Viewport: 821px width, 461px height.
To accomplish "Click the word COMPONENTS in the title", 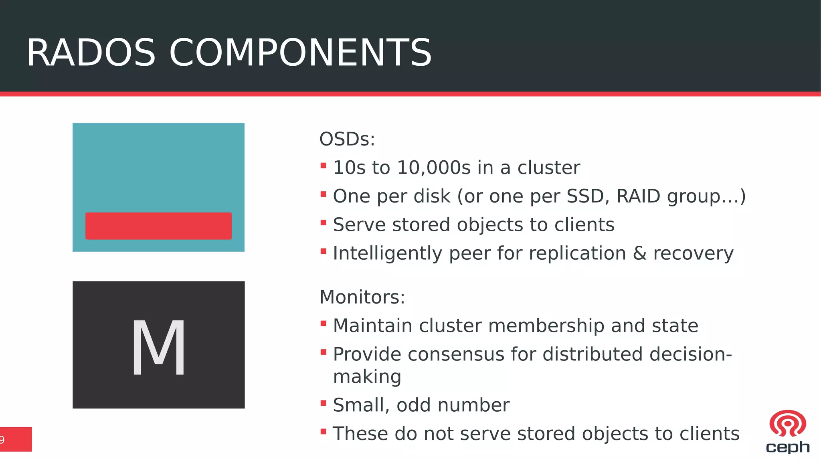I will [x=301, y=53].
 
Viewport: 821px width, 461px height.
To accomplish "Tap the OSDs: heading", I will [x=347, y=140].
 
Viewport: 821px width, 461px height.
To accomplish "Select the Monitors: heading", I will [x=362, y=297].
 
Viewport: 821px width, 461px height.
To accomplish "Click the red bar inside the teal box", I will [x=158, y=226].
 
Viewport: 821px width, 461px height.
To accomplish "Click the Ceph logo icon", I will [x=787, y=423].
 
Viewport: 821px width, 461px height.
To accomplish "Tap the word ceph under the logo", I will [x=787, y=447].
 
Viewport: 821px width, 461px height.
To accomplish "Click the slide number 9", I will [x=2, y=440].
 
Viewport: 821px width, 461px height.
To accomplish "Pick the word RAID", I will [x=638, y=196].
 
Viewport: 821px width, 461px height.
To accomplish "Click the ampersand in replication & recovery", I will [x=639, y=253].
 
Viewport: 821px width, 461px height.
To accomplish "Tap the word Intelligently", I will [x=387, y=253].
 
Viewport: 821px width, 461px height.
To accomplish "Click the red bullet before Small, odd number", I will [x=324, y=403].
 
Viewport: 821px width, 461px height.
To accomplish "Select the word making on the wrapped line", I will [x=367, y=377].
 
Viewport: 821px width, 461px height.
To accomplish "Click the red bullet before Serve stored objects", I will [x=324, y=222].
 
